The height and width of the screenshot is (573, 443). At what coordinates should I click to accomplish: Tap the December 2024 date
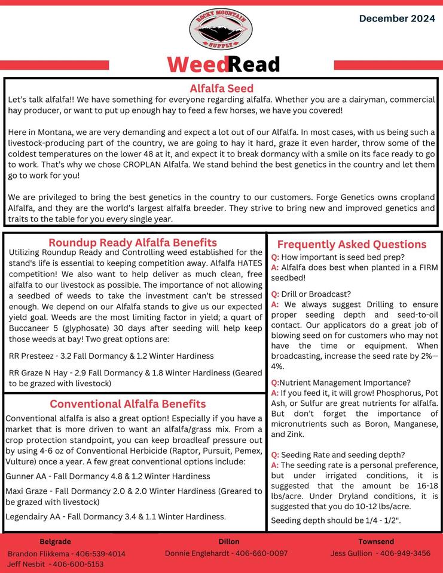[x=397, y=19]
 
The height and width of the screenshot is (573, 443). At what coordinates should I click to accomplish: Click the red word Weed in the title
[x=197, y=64]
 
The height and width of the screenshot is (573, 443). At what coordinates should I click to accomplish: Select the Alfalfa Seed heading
[x=221, y=88]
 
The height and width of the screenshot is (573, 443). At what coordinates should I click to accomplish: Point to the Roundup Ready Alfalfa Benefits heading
[x=133, y=242]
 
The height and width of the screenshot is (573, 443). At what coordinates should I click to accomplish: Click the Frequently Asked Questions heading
[x=352, y=244]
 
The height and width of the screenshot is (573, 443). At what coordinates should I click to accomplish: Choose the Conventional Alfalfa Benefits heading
[x=127, y=404]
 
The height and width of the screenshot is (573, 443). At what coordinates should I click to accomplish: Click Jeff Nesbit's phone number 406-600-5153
[x=78, y=564]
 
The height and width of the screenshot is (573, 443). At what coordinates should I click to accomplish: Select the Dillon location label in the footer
[x=229, y=541]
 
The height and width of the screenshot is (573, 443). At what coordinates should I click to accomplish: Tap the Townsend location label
[x=376, y=541]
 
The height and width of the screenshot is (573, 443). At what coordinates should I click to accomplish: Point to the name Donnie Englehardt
[x=197, y=553]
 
